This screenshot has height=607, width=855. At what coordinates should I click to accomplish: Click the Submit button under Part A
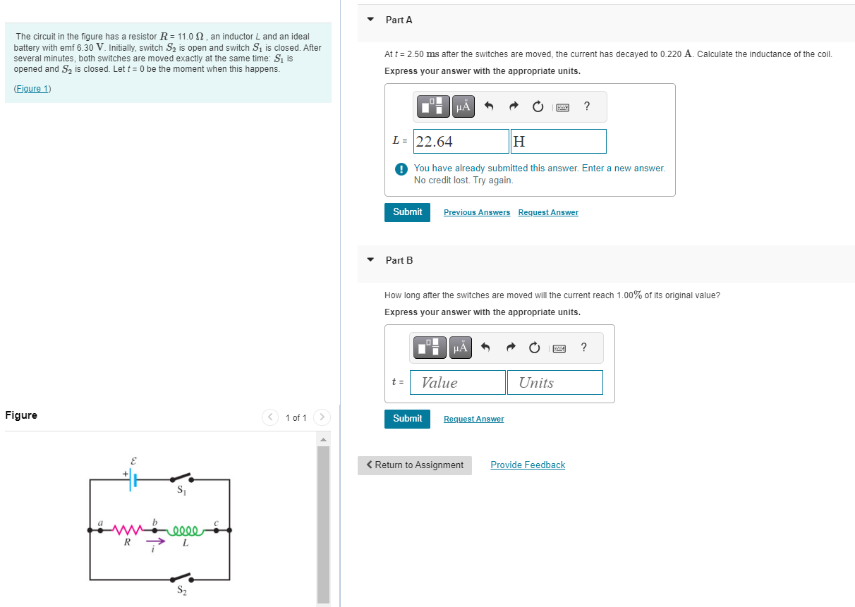[407, 212]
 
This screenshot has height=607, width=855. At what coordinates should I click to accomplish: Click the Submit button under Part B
[407, 419]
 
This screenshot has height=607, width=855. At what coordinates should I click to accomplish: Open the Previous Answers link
[476, 213]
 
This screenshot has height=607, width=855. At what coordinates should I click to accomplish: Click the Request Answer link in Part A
[547, 213]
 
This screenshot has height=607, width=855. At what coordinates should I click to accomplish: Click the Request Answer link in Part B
[473, 419]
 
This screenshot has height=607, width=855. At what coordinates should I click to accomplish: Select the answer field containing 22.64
[461, 142]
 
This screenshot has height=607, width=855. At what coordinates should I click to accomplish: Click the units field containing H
[558, 142]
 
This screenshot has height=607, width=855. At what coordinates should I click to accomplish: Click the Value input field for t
[457, 383]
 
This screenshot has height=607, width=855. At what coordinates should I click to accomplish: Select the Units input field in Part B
[554, 383]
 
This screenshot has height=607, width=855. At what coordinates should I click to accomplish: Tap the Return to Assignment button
[415, 465]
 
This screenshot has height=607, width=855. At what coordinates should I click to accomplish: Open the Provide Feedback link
[528, 465]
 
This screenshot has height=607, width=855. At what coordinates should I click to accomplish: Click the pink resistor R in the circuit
[128, 529]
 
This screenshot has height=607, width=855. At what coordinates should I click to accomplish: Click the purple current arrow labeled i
[156, 542]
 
